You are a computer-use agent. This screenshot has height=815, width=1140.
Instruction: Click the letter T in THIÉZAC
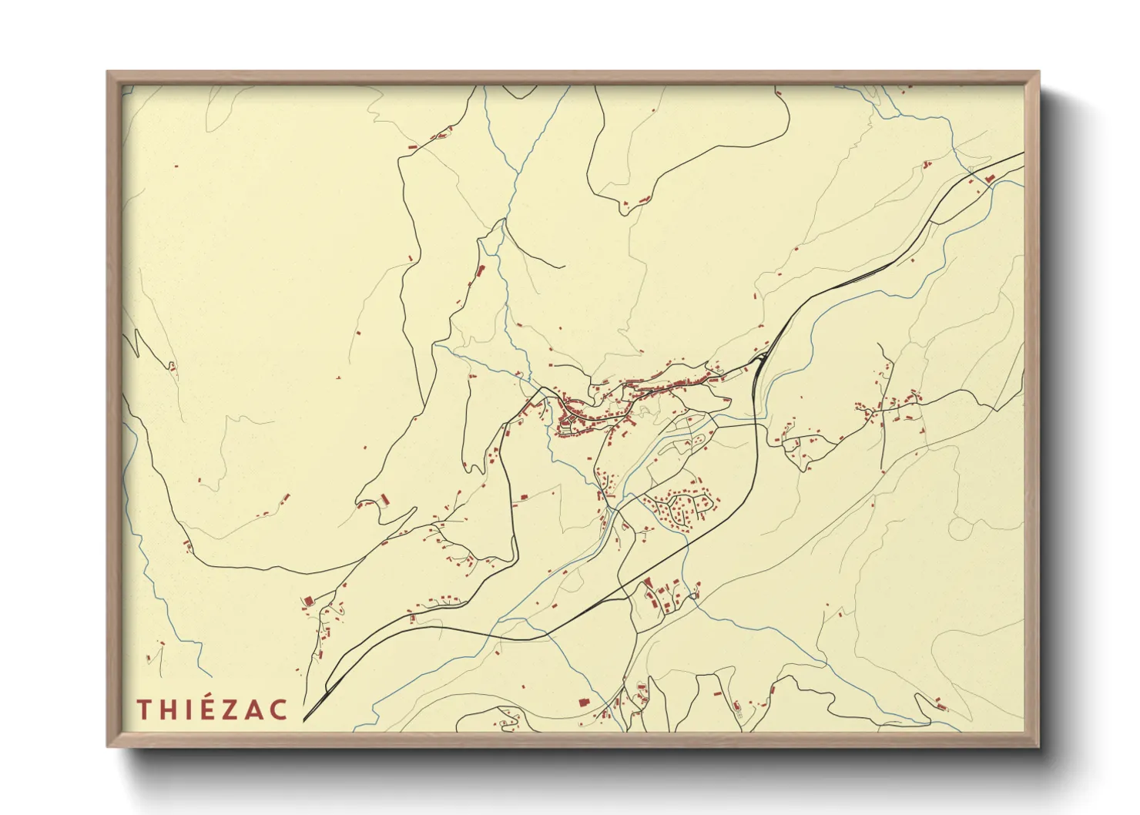coord(144,709)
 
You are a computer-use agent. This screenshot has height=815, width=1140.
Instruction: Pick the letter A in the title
coord(255,709)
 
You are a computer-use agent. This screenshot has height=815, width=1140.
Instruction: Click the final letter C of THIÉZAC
coord(279,709)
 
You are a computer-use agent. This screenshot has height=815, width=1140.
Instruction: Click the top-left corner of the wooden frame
coord(108,72)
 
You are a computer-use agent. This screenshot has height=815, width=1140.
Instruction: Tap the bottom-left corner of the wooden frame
coord(108,746)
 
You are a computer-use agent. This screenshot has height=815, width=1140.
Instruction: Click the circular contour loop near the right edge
coord(961,528)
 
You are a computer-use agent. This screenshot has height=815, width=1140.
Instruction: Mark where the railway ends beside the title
coord(304,721)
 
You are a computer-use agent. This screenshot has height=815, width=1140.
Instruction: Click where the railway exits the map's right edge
coord(1023,153)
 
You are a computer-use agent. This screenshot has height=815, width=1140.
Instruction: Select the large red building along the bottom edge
coord(583,702)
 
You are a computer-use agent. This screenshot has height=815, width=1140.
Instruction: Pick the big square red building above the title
coord(307,600)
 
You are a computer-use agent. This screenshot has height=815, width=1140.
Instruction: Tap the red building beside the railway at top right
coord(990,179)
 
